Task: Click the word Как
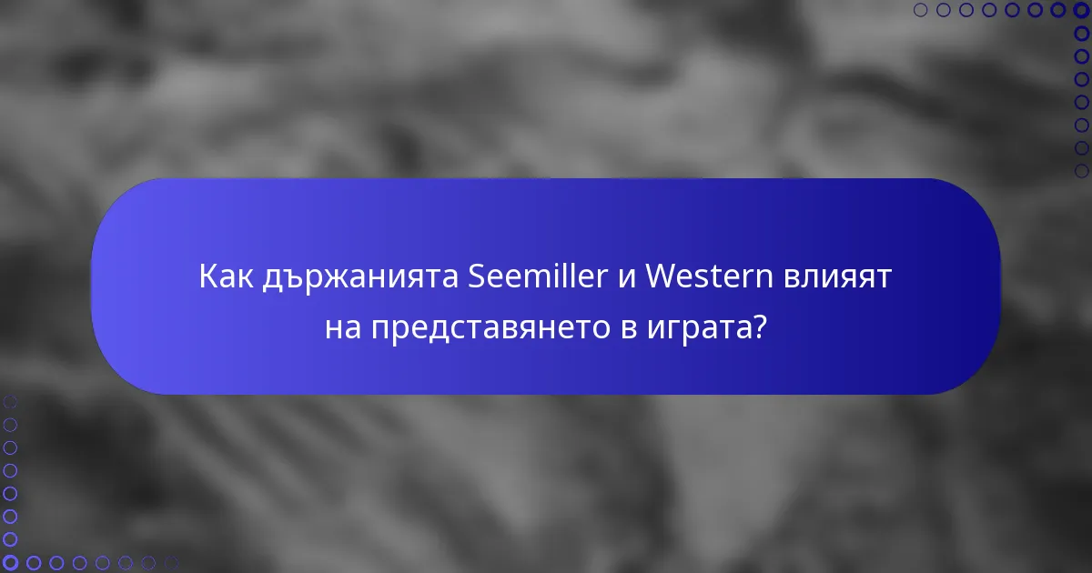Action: coord(226,276)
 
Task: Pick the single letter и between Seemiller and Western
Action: coord(625,277)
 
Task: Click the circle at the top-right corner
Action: coord(1082,10)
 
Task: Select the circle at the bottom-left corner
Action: coord(10,563)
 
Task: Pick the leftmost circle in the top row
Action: coord(920,10)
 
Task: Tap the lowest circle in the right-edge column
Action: coord(1082,171)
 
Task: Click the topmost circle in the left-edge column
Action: coord(10,401)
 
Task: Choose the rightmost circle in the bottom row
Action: coord(171,563)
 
